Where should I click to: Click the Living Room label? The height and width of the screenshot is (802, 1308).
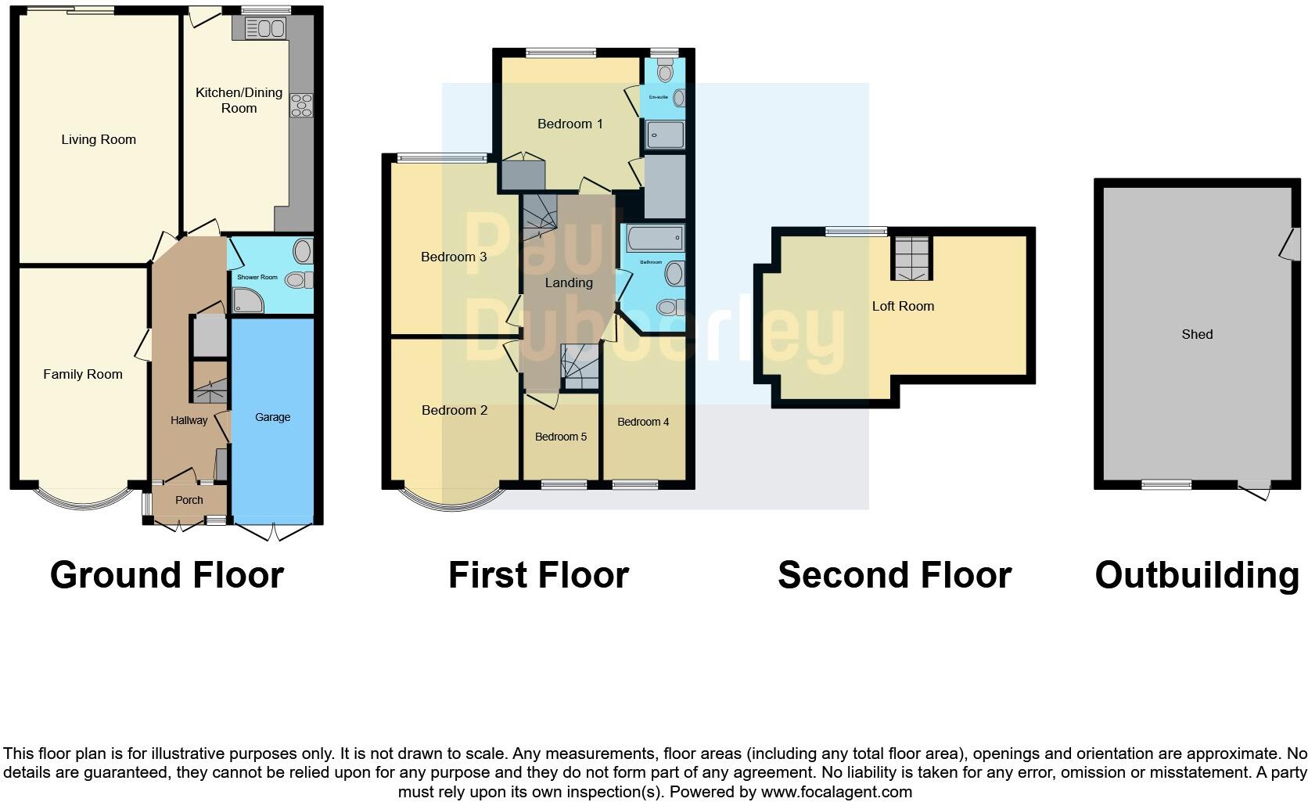pos(99,140)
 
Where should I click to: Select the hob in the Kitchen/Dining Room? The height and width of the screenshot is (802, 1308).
pos(301,106)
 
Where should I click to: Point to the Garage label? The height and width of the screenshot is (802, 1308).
pos(272,418)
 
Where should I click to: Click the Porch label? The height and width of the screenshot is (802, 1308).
pos(189,501)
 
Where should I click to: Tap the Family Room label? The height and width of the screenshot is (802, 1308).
pos(83,375)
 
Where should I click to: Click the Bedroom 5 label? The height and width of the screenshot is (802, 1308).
pos(560,437)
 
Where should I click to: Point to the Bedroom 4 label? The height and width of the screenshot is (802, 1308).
pos(643,423)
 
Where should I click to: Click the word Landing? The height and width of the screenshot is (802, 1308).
pos(569,283)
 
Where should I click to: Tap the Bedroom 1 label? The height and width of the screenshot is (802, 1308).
pos(570,124)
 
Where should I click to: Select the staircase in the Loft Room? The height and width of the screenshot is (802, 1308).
pos(913,257)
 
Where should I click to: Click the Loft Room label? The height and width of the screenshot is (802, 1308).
pos(903,307)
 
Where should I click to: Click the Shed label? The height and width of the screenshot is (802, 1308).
pos(1197,335)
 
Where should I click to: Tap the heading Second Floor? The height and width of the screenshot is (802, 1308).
pos(894,576)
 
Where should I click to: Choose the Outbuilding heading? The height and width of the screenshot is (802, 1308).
pos(1197,576)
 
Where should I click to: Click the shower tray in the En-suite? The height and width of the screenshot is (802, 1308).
pos(665,135)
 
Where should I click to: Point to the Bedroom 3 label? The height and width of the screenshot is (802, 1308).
pos(454,257)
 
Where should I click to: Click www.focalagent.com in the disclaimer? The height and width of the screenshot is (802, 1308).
pos(836,792)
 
